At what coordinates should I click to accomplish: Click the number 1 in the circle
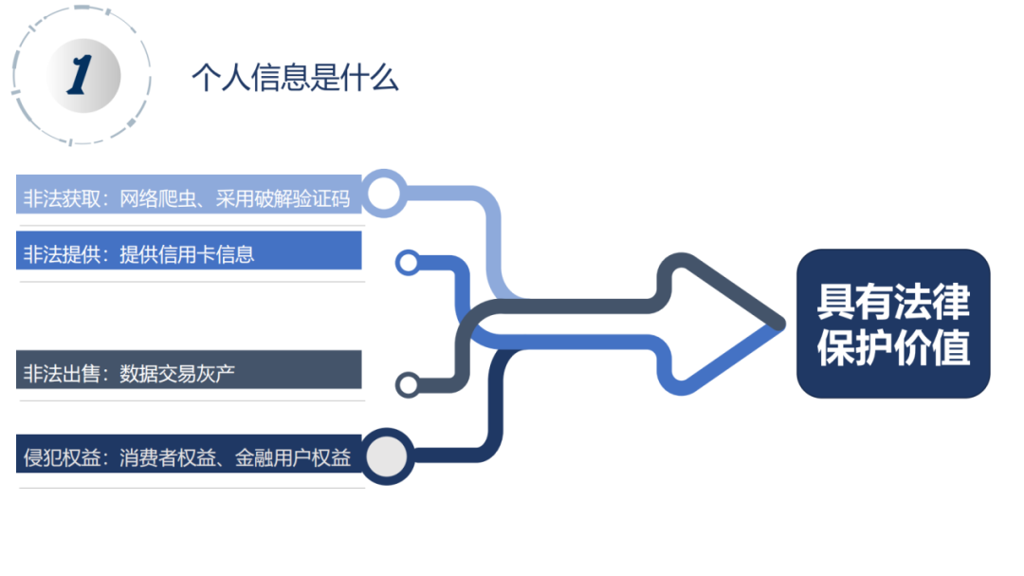click(x=81, y=75)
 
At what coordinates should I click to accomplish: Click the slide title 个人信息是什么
click(x=295, y=78)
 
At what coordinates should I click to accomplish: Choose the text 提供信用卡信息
click(x=187, y=254)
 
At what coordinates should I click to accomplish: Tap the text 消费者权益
click(x=157, y=459)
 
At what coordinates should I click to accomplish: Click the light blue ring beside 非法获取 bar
click(x=383, y=194)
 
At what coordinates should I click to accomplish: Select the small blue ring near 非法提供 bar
click(x=408, y=262)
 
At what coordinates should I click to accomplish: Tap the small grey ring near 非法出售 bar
click(x=408, y=385)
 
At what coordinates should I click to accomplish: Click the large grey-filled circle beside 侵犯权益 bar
click(x=386, y=457)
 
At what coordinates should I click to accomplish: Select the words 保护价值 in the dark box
click(x=893, y=347)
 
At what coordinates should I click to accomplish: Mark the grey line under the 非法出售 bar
click(x=190, y=400)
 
